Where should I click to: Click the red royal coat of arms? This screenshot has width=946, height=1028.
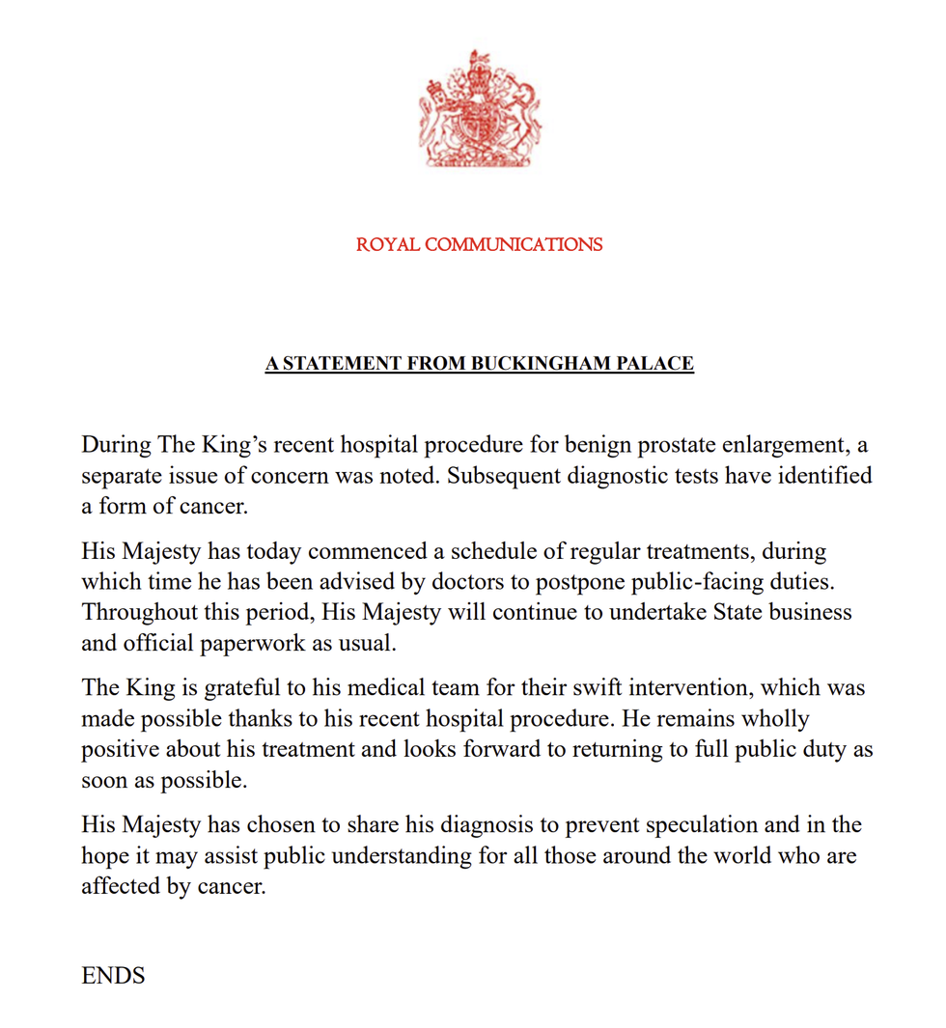479,109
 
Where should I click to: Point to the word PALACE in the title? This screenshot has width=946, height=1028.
660,364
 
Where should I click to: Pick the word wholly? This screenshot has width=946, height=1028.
770,719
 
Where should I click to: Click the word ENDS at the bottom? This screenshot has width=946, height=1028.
113,976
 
